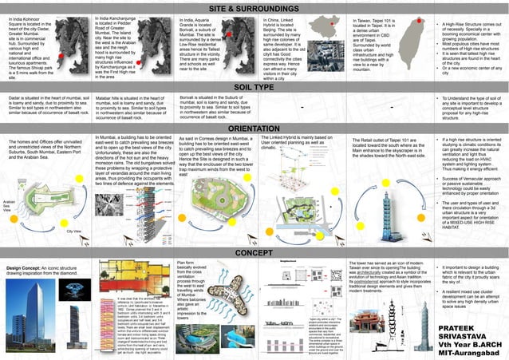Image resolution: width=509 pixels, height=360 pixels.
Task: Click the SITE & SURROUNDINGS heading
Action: [254, 7]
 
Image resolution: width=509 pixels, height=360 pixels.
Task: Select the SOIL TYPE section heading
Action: [254, 87]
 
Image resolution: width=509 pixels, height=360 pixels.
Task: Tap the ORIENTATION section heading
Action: [254, 128]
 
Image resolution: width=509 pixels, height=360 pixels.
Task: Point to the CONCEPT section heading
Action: [254, 252]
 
